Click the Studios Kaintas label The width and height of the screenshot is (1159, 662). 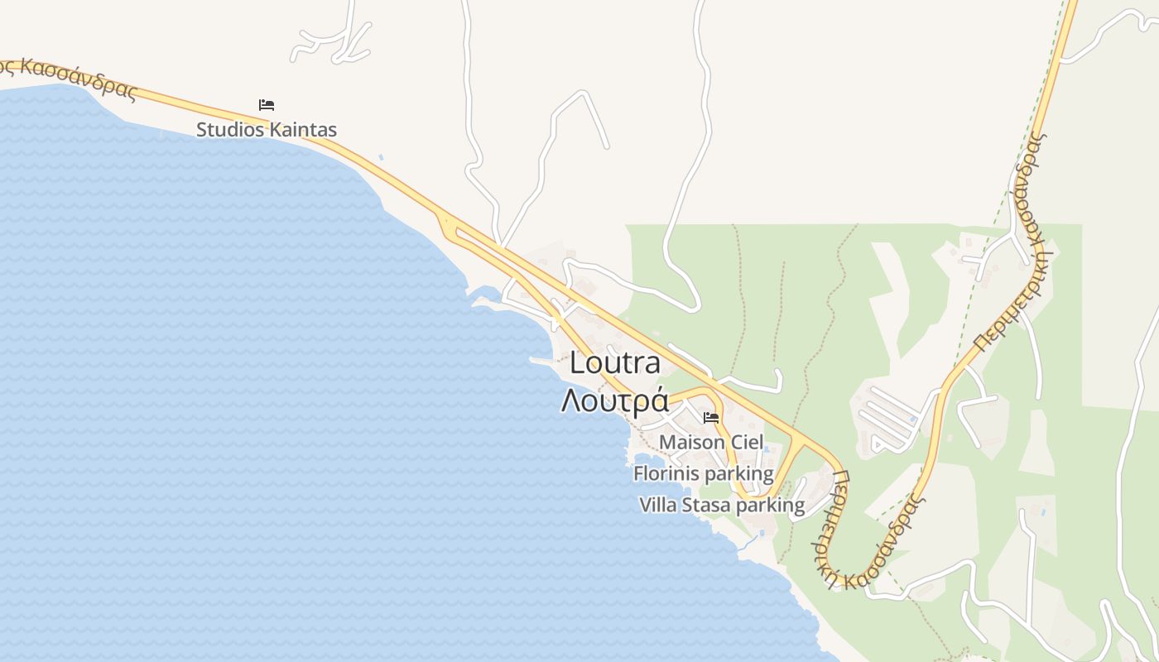[x=267, y=130]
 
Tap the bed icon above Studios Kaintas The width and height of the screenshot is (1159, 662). [x=267, y=105]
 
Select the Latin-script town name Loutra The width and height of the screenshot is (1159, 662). [x=616, y=362]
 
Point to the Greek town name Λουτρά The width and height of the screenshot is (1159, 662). [x=615, y=400]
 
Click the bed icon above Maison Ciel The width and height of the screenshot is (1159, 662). [x=711, y=418]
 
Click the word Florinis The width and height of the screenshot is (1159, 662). [x=667, y=474]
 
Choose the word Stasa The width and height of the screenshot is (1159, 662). [x=707, y=505]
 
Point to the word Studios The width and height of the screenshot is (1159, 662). [x=230, y=130]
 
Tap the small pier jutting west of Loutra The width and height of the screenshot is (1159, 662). [x=542, y=361]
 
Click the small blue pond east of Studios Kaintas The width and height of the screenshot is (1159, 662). [x=380, y=156]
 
